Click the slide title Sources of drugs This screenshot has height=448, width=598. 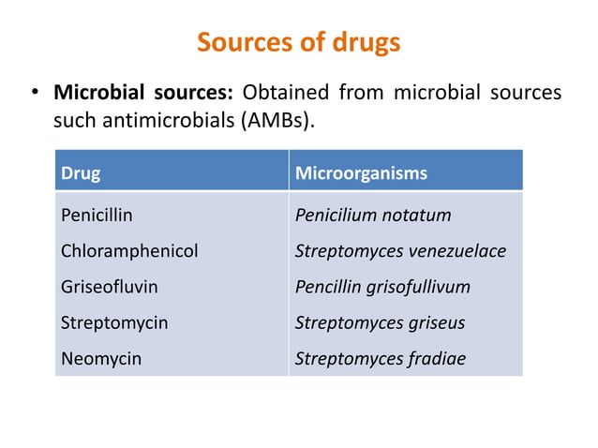pyautogui.click(x=298, y=42)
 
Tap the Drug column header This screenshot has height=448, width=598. pyautogui.click(x=81, y=173)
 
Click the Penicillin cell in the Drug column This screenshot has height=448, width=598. pyautogui.click(x=97, y=216)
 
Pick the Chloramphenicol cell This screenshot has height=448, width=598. pyautogui.click(x=129, y=251)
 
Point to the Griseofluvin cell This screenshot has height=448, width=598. pyautogui.click(x=110, y=287)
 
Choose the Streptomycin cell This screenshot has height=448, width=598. pyautogui.click(x=114, y=322)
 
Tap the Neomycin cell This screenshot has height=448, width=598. pyautogui.click(x=101, y=358)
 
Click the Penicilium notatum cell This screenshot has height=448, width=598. pyautogui.click(x=373, y=216)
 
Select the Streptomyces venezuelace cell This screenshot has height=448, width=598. pyautogui.click(x=400, y=251)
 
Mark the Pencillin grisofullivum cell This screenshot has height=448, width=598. pyautogui.click(x=382, y=287)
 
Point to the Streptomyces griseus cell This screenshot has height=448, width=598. pyautogui.click(x=380, y=322)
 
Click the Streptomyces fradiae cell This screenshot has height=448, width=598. pyautogui.click(x=380, y=358)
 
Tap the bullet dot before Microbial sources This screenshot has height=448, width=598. pyautogui.click(x=34, y=94)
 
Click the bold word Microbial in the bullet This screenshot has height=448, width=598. pyautogui.click(x=96, y=94)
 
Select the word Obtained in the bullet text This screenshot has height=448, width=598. pyautogui.click(x=286, y=94)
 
